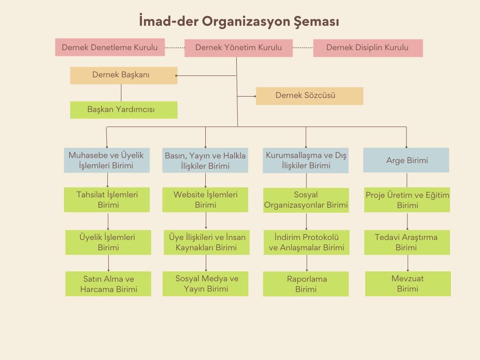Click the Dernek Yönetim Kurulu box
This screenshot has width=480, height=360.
click(238, 48)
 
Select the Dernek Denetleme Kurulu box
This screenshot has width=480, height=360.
click(110, 47)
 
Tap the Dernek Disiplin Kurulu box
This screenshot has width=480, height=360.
click(367, 48)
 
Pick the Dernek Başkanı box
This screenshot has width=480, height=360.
click(123, 75)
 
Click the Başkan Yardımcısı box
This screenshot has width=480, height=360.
click(123, 110)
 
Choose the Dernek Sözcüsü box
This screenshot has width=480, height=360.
click(309, 96)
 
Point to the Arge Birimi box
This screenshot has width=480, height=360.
click(406, 160)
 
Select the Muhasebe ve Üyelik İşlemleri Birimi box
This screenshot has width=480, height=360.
click(106, 160)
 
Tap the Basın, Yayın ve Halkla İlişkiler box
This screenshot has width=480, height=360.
click(205, 161)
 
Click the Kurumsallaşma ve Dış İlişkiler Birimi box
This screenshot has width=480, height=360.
click(306, 160)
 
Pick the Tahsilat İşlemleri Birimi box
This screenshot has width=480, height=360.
click(107, 200)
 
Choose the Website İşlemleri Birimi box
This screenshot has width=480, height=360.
click(205, 200)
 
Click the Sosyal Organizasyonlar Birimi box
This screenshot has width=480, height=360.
click(306, 200)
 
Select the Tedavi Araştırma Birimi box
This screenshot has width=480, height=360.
click(406, 242)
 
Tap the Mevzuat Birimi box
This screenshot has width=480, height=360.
click(407, 284)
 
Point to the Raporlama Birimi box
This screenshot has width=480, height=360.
click(306, 284)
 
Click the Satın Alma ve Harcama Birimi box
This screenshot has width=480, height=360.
click(108, 284)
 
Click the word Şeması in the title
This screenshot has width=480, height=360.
click(316, 22)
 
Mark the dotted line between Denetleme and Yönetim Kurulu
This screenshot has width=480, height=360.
click(174, 48)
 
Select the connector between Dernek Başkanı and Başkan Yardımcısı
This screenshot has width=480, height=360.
click(121, 93)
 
